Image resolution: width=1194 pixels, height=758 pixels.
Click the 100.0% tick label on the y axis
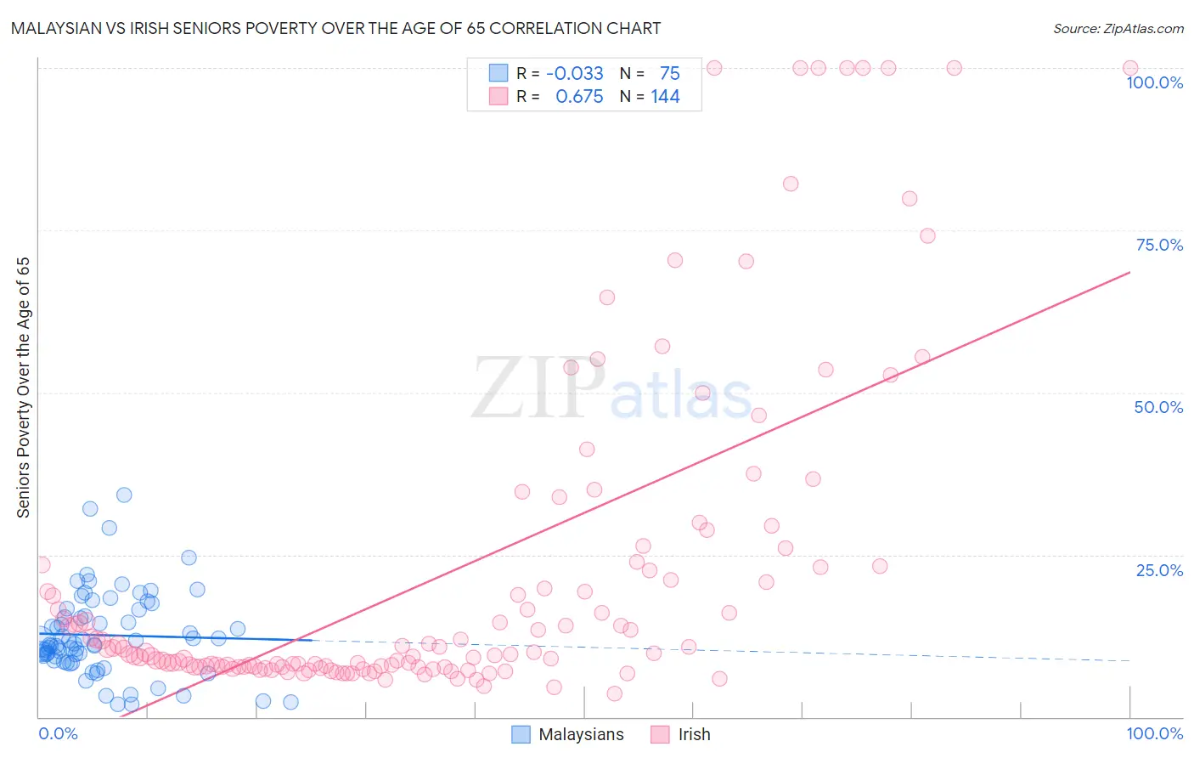pos(1154,82)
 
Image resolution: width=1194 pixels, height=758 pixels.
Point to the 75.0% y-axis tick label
pos(1159,245)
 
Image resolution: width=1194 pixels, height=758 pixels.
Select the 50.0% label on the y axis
pos(1158,407)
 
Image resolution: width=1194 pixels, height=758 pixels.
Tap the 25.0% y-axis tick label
pos(1159,570)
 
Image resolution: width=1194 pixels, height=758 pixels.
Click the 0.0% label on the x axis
pos(58,733)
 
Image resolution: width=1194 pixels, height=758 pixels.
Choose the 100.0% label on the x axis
pos(1154,733)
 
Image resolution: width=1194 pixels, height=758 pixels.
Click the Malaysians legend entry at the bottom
pos(581,734)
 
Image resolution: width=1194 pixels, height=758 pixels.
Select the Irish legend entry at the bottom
pos(694,734)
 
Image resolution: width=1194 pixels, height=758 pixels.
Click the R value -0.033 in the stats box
pos(574,73)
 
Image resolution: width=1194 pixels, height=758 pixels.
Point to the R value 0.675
pos(579,97)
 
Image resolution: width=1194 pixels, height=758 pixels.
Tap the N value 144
pos(665,97)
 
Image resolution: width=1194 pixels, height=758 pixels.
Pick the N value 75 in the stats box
pos(669,73)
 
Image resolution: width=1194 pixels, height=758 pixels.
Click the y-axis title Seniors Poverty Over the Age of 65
pos(23,387)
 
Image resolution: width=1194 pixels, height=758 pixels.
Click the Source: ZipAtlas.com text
pos(1118,29)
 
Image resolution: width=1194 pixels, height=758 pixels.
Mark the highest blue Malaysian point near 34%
pos(124,495)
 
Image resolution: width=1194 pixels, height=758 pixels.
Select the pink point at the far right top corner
pos(1130,68)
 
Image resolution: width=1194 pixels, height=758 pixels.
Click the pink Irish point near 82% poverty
pos(791,184)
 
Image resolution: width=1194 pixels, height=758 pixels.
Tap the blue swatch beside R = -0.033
pos(498,73)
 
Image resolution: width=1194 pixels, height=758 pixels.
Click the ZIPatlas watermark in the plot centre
pos(611,389)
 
